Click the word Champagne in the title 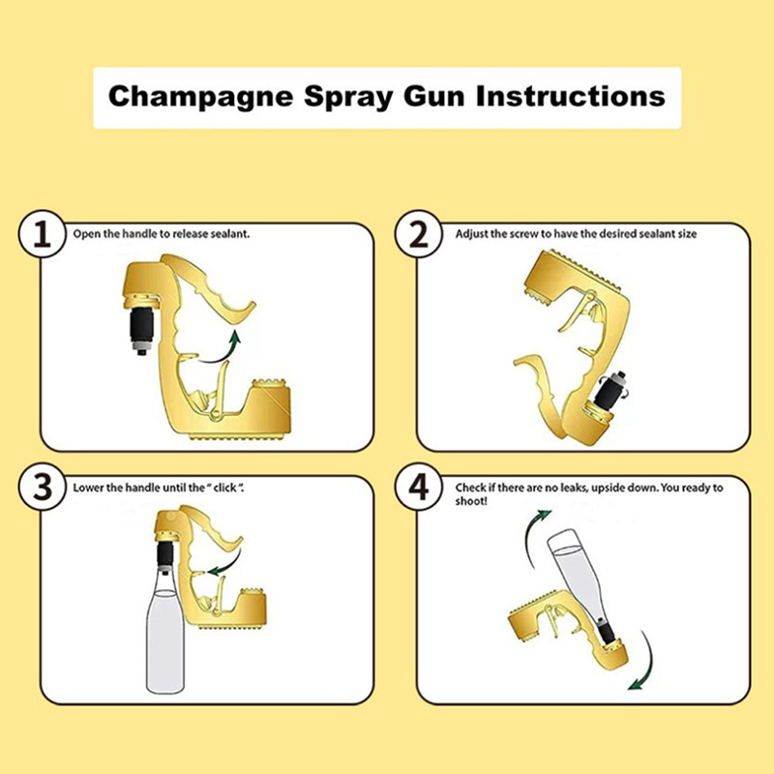201,98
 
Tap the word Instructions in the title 570,96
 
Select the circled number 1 42,234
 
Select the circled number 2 419,234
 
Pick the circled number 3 42,488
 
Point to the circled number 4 419,488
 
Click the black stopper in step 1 141,326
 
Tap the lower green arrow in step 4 648,664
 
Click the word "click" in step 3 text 225,488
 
